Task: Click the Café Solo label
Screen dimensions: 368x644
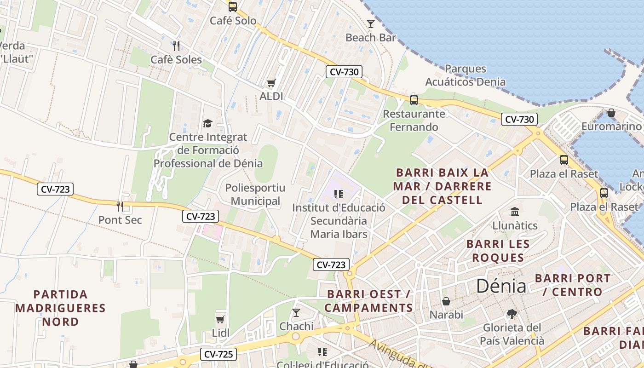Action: tap(233, 21)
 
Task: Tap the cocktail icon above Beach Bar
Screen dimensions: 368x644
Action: tap(371, 23)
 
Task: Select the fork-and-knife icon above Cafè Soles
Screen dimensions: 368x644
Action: tap(176, 46)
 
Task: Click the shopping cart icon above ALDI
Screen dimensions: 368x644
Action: tap(271, 83)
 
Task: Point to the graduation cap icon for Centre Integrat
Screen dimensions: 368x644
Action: tap(207, 123)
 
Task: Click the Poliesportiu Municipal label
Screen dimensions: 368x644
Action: tap(255, 195)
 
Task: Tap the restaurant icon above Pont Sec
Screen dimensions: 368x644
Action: tap(120, 206)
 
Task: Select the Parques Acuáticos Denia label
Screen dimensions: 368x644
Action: tap(465, 75)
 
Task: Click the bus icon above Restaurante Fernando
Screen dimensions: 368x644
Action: tap(414, 100)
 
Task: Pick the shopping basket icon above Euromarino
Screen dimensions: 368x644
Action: tap(611, 112)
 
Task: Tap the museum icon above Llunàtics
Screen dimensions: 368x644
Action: tap(515, 212)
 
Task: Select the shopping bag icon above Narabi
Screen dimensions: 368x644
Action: tap(446, 301)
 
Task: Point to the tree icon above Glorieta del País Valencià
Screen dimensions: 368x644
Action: tap(511, 314)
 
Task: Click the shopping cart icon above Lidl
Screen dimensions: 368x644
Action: tap(220, 319)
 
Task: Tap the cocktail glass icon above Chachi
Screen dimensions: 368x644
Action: tap(296, 313)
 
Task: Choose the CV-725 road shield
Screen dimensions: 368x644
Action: tap(218, 354)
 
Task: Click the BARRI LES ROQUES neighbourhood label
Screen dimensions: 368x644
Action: tap(498, 251)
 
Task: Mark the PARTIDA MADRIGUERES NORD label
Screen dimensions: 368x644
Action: tap(60, 308)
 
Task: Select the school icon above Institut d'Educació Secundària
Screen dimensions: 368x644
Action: tap(339, 194)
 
